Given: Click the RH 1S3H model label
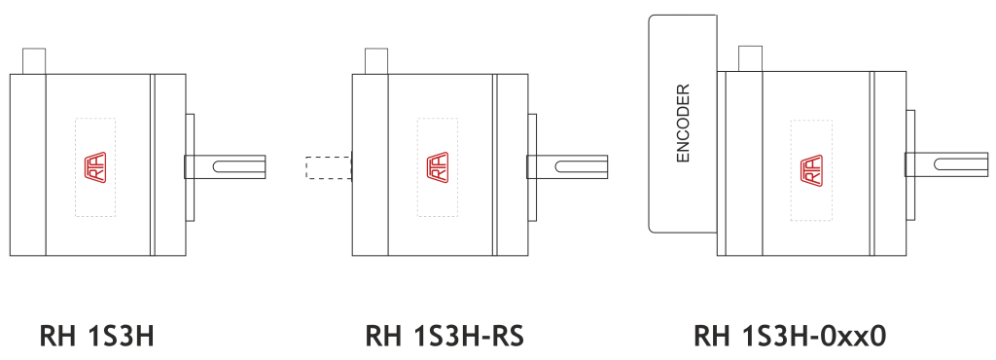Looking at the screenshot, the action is (96, 336).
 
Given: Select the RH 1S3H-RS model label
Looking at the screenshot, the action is (445, 336).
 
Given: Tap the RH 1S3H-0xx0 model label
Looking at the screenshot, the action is (790, 336).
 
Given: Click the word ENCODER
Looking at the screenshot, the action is (683, 124).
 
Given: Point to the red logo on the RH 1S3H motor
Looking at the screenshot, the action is (95, 167).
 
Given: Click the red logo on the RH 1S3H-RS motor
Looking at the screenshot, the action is (437, 167).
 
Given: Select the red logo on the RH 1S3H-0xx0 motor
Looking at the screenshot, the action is (811, 171).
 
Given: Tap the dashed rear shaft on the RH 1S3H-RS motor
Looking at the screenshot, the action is (329, 167).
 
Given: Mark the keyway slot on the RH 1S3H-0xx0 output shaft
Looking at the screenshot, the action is (960, 164).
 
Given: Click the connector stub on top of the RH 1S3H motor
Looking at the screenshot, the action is (34, 61).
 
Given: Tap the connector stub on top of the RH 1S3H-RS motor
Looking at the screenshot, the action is (376, 61).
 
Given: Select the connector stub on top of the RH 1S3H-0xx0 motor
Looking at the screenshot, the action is (750, 58).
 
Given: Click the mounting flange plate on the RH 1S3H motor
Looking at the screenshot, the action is (190, 167).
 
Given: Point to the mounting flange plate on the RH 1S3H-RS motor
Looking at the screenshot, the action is (532, 167).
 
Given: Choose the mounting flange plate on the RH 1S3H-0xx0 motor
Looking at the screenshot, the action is (910, 165).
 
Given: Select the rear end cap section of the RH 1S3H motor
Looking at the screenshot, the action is (28, 165).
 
